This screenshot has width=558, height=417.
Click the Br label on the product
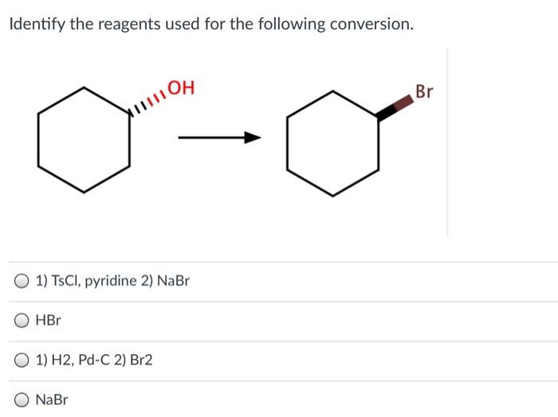pyautogui.click(x=424, y=92)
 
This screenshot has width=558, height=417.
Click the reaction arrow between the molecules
pyautogui.click(x=219, y=139)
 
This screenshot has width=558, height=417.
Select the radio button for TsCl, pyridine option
pyautogui.click(x=22, y=281)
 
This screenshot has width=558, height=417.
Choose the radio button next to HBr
pyautogui.click(x=22, y=321)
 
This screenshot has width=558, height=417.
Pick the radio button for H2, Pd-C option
pyautogui.click(x=22, y=360)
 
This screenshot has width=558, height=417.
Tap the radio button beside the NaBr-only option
pyautogui.click(x=22, y=400)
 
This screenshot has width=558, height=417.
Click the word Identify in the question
pyautogui.click(x=36, y=25)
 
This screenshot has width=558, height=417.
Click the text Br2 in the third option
pyautogui.click(x=140, y=360)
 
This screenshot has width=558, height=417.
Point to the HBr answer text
pyautogui.click(x=48, y=321)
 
